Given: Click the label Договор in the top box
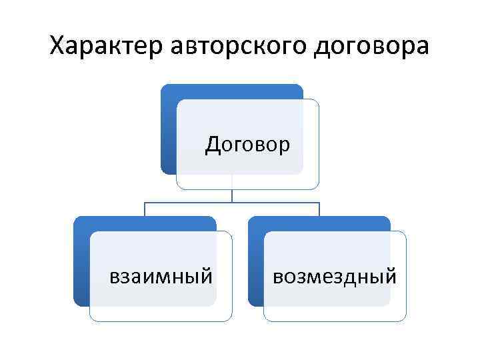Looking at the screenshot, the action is coord(247,143).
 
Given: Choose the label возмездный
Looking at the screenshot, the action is coord(335,275).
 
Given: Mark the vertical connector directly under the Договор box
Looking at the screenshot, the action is coord(232,195).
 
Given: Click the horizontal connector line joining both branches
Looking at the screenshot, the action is coord(232,202).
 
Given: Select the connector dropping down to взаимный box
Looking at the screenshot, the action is coord(145,209).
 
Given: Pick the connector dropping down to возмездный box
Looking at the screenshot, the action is coord(319,209).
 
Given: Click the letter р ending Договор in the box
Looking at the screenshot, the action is coord(285,145).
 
